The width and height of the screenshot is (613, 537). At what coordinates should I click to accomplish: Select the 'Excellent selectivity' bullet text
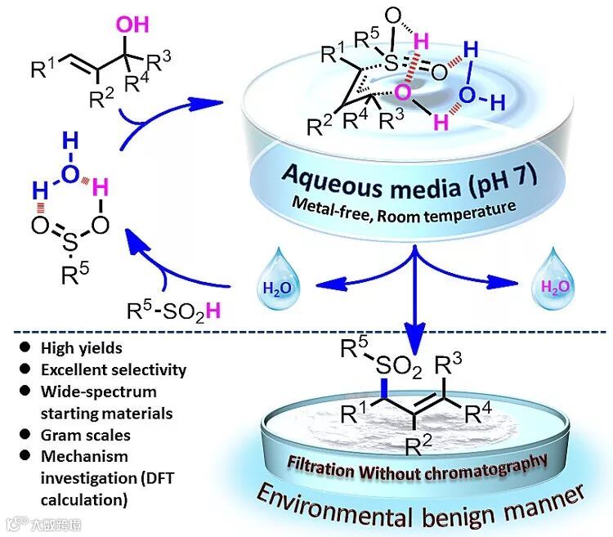[x=105, y=369]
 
